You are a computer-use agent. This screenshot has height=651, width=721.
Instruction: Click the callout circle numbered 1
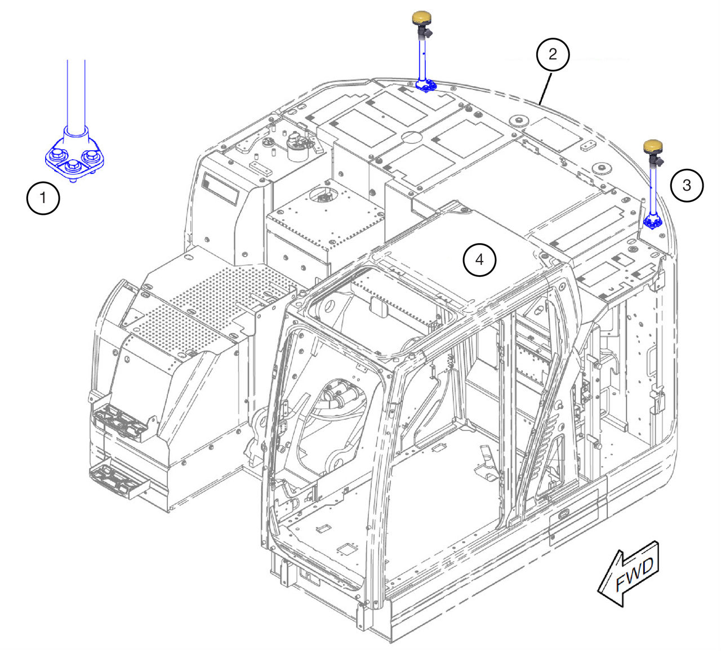pos(43,198)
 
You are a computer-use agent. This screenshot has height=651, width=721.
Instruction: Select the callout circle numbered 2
pos(553,54)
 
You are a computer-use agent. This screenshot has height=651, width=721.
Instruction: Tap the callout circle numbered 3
pos(687,185)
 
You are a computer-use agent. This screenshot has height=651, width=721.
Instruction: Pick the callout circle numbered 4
pos(479,259)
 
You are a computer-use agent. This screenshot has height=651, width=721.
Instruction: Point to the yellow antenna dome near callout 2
pos(422,18)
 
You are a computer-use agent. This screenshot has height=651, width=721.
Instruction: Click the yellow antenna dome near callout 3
pos(653,146)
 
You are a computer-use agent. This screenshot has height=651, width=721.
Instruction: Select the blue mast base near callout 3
pos(652,222)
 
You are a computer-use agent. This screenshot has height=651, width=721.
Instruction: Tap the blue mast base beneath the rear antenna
pos(425,86)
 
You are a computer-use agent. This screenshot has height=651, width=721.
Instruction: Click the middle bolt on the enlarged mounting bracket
pos(74,166)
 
